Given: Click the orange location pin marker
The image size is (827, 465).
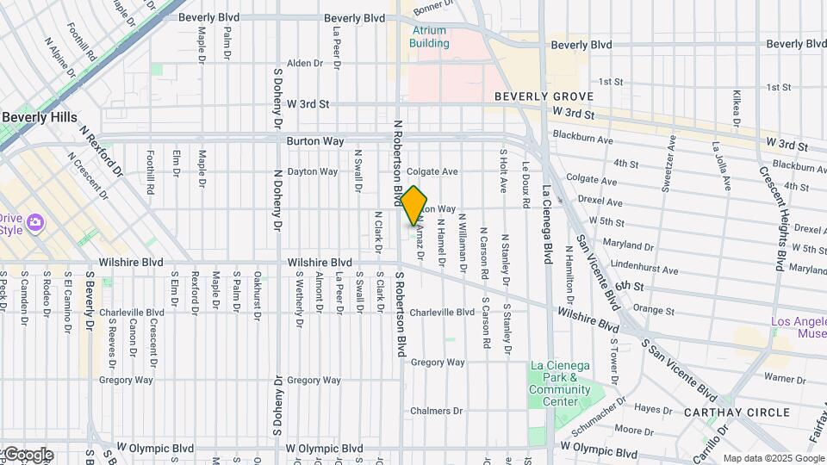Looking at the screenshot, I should (x=413, y=205).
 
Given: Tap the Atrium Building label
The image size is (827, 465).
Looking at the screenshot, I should (x=428, y=36).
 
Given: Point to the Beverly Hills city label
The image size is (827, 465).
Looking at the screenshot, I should (x=39, y=117).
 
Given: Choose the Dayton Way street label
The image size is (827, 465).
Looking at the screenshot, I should (x=312, y=171).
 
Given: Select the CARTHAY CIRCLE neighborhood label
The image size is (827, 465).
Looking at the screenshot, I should (x=737, y=412).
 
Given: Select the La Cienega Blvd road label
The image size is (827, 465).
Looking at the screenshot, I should (x=546, y=224).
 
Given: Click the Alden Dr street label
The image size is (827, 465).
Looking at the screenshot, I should (x=304, y=63).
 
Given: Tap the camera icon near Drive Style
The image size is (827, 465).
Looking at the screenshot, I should (x=35, y=222).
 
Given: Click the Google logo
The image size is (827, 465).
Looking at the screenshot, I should (x=28, y=455).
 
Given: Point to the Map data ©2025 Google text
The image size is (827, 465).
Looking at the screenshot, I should (x=773, y=458).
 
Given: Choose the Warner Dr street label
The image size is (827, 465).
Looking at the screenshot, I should (x=784, y=377).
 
